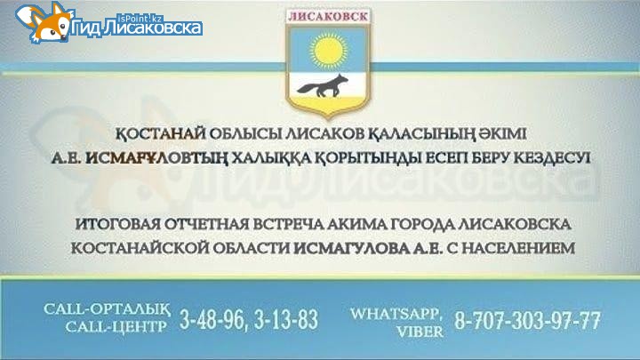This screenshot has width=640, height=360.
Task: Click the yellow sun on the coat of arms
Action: pos(328,51)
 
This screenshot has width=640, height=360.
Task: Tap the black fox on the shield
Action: pos(323,86)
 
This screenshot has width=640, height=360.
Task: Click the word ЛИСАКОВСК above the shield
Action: pos(328,16)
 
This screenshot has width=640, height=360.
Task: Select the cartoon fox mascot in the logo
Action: pos(45,22)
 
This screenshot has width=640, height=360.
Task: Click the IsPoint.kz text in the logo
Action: pos(140,18)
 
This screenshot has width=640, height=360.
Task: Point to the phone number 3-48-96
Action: pos(212,320)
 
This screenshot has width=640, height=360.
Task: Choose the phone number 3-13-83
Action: pos(285,320)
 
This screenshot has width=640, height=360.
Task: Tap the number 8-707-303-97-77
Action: pos(527,320)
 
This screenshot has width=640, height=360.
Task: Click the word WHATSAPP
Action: pos(396,314)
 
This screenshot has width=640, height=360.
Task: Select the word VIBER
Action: pos(420,332)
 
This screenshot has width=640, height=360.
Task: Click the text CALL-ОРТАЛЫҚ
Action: pos(107,309)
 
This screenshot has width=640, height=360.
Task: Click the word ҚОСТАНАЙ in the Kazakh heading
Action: pos(160,134)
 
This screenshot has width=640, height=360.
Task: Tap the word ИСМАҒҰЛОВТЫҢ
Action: pos(156,158)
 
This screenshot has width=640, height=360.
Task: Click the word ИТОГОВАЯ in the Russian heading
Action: pos(117,224)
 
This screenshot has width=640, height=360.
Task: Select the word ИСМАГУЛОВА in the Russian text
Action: pos(351,248)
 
